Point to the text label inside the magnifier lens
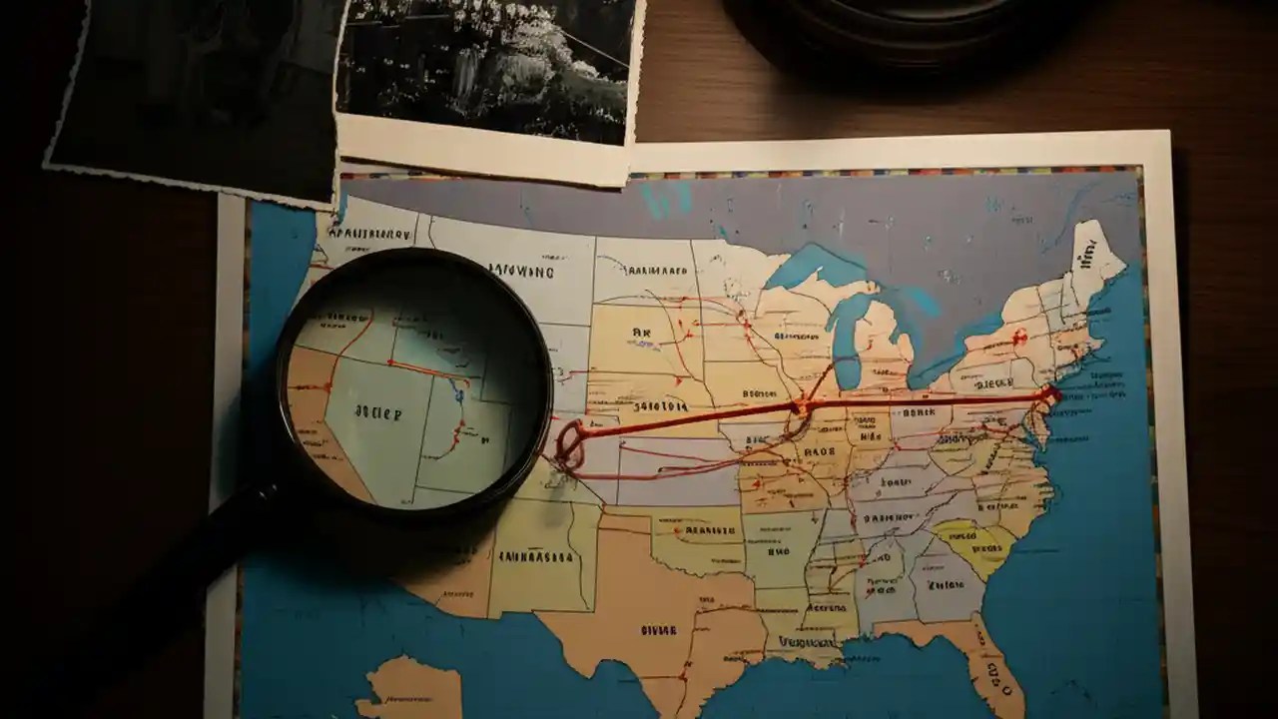377,412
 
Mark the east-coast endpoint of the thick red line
1047,395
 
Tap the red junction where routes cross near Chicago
800,407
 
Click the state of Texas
649,619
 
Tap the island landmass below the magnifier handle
409,689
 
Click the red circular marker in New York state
1018,338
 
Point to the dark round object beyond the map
899,30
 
